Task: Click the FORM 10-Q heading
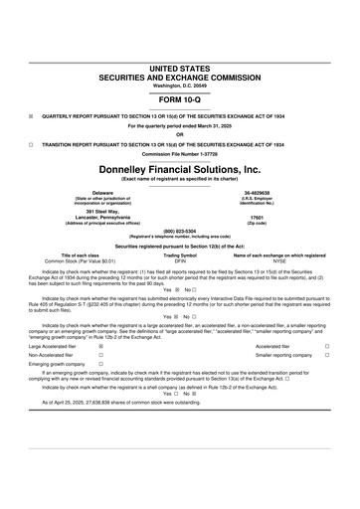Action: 179,101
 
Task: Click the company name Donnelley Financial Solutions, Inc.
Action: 179,170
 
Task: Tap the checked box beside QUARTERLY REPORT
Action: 32,116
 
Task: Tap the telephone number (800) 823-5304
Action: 179,232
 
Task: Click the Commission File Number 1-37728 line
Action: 179,154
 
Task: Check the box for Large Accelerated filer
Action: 101,346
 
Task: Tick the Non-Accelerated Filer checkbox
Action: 101,356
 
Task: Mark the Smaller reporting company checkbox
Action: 327,356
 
